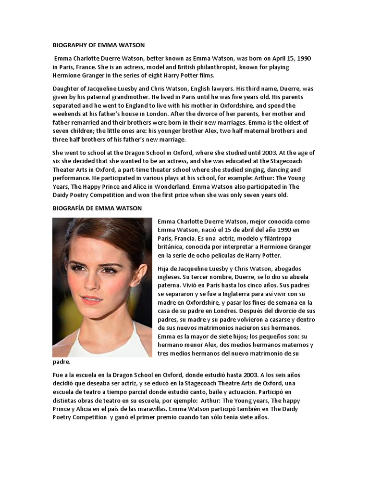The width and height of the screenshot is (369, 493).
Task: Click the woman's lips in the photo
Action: [91, 299]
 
